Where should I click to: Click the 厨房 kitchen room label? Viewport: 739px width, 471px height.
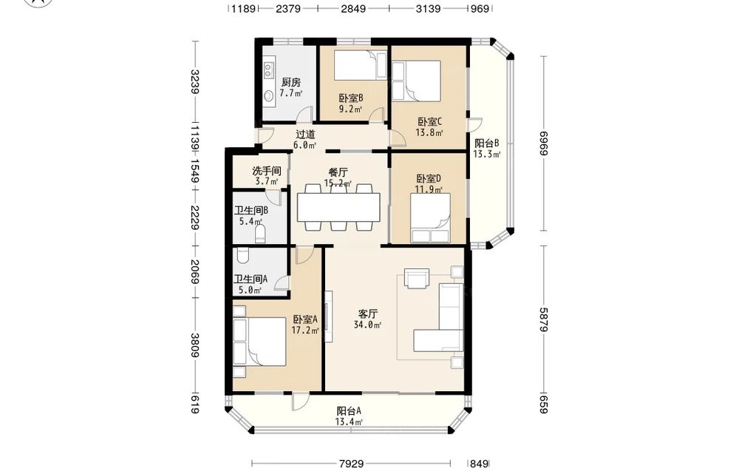tap(290, 83)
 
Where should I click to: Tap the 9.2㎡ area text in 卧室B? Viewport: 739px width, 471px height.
tap(350, 109)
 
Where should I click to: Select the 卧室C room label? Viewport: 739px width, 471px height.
tap(429, 122)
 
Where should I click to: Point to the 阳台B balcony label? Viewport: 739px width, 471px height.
tap(486, 143)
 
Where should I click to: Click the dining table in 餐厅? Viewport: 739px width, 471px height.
tap(338, 208)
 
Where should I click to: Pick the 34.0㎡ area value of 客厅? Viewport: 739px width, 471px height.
tap(367, 325)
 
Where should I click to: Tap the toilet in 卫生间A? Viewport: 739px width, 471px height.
tap(242, 256)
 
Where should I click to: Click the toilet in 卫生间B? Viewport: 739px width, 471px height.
tap(260, 234)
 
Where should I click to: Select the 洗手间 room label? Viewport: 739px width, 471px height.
tap(266, 170)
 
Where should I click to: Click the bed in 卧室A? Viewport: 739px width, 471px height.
tap(259, 342)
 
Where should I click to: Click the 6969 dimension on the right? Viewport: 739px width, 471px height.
tap(545, 143)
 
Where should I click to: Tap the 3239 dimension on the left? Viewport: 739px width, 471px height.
tap(194, 81)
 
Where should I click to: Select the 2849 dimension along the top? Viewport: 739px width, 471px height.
tap(353, 8)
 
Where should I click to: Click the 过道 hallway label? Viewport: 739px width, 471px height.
tap(305, 135)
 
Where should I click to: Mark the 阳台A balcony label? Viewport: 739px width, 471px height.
tap(349, 411)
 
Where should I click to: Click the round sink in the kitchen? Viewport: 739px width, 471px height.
tap(269, 96)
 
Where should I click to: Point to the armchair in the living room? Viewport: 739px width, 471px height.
tap(417, 278)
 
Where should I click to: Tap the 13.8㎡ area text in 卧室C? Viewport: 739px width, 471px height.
tap(429, 133)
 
